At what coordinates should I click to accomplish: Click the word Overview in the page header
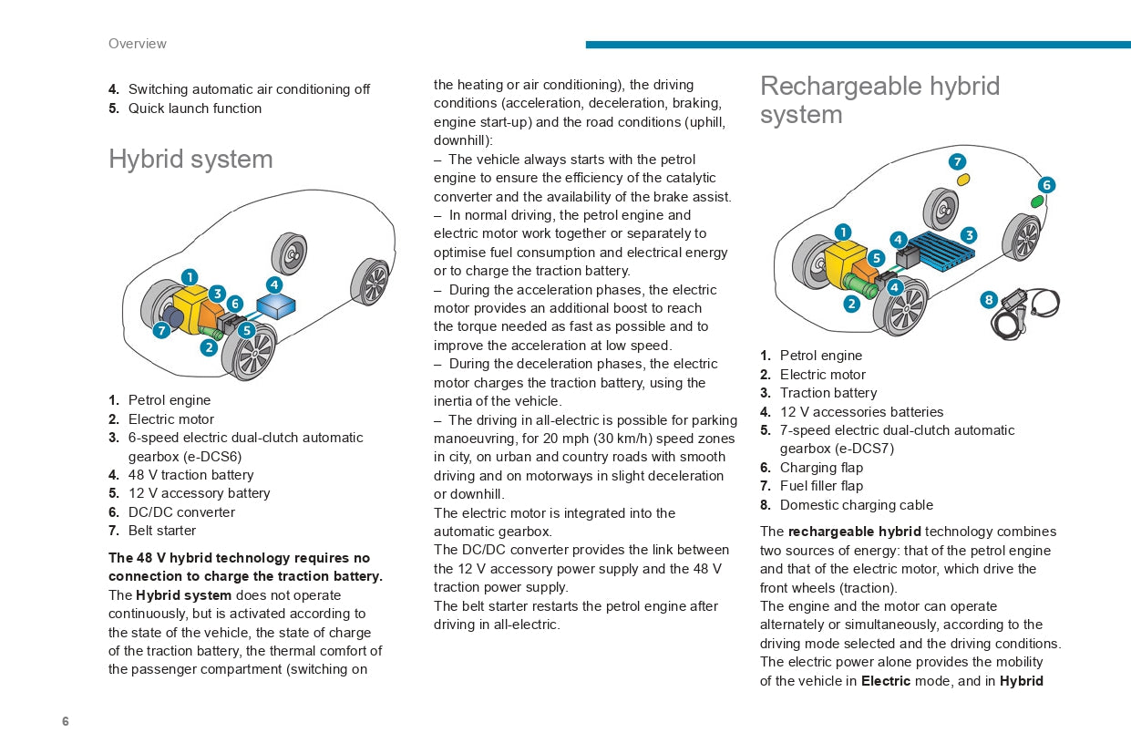click(137, 44)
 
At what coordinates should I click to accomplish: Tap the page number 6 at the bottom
click(66, 721)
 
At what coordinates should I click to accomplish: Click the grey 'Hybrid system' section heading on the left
click(190, 159)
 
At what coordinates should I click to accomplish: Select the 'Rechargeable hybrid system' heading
click(879, 100)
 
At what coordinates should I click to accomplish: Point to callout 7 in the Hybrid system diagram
click(161, 330)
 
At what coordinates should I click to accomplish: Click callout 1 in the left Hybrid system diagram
click(189, 276)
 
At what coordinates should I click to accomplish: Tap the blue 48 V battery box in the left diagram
click(277, 305)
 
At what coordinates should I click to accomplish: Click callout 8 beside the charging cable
click(989, 299)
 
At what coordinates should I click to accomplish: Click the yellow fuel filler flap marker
click(962, 180)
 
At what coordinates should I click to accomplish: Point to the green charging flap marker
click(1037, 201)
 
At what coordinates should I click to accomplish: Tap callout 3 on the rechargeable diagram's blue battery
click(968, 235)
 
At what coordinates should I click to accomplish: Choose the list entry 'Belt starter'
click(161, 531)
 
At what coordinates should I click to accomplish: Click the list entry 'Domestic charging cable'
click(856, 505)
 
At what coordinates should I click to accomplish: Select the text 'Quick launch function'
click(194, 108)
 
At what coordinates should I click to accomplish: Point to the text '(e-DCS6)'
click(184, 457)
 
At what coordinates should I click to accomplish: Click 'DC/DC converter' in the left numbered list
click(181, 512)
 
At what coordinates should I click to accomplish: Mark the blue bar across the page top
click(857, 45)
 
